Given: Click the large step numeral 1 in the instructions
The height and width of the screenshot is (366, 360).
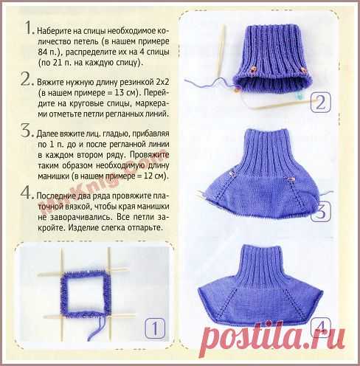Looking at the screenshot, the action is (x=29, y=27).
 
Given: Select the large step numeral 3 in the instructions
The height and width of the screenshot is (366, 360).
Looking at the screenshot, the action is (x=26, y=131).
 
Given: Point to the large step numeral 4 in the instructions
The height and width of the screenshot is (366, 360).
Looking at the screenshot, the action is (x=27, y=193).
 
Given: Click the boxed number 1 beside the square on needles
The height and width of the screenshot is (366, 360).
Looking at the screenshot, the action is (x=155, y=328).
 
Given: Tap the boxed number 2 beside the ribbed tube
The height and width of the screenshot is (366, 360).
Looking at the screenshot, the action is (x=320, y=103).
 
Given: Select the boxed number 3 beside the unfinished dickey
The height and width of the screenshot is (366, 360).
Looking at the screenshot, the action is (x=320, y=211).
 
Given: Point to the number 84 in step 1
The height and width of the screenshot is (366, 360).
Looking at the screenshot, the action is (x=43, y=52).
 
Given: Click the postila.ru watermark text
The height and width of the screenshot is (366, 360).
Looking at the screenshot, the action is (x=272, y=338).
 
